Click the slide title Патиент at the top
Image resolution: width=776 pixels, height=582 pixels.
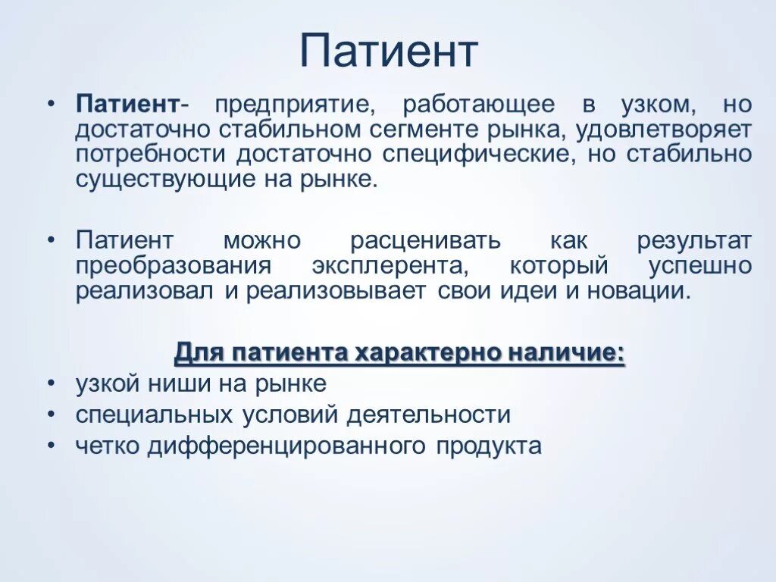click(x=388, y=52)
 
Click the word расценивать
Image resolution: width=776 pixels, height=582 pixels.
click(x=425, y=241)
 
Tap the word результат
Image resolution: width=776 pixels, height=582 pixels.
click(x=694, y=241)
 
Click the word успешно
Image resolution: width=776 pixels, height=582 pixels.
click(x=700, y=267)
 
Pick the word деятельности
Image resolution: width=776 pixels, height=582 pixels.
click(x=429, y=415)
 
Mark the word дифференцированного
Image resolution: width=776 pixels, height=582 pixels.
click(x=287, y=446)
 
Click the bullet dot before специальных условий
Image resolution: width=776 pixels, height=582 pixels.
click(x=50, y=415)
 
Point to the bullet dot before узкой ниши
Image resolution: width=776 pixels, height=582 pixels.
click(x=50, y=384)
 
